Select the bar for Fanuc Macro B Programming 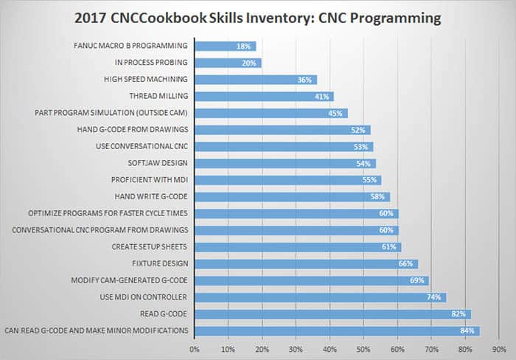(x=225, y=46)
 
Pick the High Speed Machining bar (x=255, y=80)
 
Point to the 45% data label (x=335, y=114)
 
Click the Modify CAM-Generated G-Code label (x=129, y=280)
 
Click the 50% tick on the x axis (x=363, y=347)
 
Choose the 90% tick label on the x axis (x=498, y=347)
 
